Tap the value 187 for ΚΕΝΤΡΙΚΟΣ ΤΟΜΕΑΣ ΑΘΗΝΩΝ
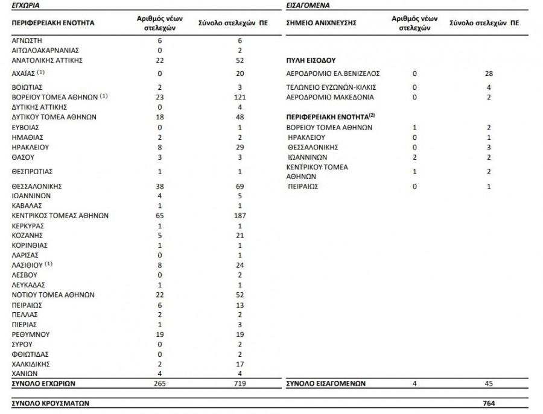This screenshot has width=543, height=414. pyautogui.click(x=240, y=216)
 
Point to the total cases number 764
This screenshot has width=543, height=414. pyautogui.click(x=489, y=402)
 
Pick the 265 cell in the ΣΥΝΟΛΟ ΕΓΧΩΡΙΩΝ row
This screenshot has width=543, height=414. pyautogui.click(x=160, y=383)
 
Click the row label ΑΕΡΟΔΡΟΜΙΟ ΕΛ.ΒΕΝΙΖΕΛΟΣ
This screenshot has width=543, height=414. pyautogui.click(x=332, y=74)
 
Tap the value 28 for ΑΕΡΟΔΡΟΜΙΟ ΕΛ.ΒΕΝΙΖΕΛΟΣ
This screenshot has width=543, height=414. pyautogui.click(x=489, y=74)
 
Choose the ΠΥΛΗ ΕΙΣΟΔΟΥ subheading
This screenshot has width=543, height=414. pyautogui.click(x=311, y=61)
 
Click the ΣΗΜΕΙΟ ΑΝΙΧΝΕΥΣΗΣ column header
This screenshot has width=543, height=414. pyautogui.click(x=322, y=23)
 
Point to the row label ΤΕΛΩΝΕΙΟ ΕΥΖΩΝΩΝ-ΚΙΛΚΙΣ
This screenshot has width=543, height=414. pyautogui.click(x=330, y=87)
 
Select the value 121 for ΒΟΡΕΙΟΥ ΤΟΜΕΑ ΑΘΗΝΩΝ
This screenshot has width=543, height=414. pyautogui.click(x=240, y=97)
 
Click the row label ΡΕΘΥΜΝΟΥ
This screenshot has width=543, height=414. pyautogui.click(x=31, y=334)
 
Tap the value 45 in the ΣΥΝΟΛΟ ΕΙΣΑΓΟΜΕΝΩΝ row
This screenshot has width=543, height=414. pyautogui.click(x=489, y=383)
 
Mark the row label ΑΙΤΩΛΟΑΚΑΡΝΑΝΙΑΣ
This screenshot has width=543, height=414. pyautogui.click(x=45, y=50)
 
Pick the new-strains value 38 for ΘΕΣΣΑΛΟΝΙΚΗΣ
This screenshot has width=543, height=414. pyautogui.click(x=160, y=186)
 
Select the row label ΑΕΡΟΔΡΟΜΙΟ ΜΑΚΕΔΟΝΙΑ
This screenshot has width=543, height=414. pyautogui.click(x=330, y=97)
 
